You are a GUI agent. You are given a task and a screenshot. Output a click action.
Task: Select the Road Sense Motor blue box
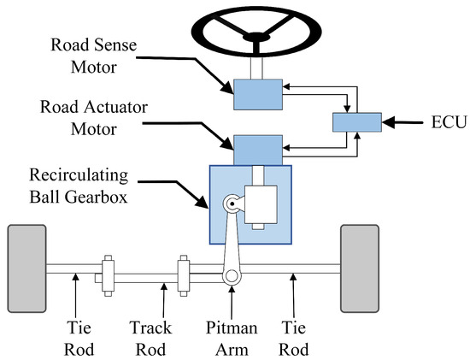(x=257, y=94)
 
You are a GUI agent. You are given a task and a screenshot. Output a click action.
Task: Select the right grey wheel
(x=359, y=268)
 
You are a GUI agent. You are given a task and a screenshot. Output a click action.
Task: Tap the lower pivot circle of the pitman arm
(x=228, y=276)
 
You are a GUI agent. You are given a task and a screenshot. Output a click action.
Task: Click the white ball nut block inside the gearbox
(x=257, y=205)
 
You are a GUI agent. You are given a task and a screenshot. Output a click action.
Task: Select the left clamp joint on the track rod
(x=108, y=272)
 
